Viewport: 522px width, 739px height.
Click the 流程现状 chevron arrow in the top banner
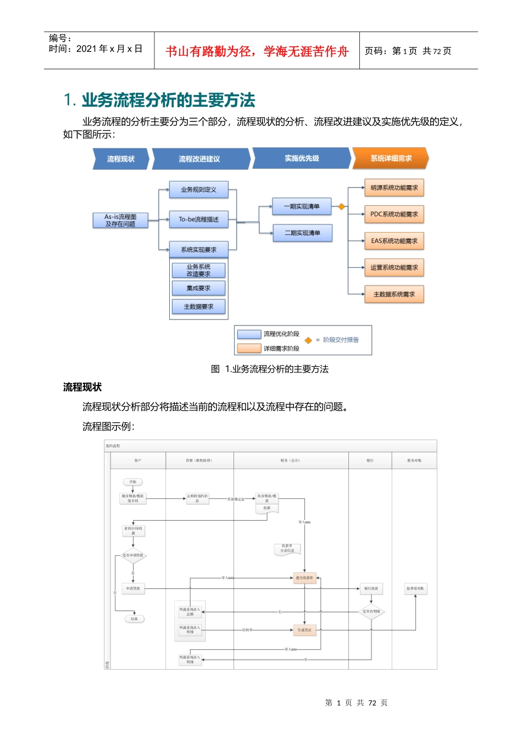pos(121,159)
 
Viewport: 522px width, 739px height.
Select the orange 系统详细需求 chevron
pos(391,158)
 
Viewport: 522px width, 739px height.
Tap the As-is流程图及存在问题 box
pos(120,220)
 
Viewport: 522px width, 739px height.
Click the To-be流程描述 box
pos(198,219)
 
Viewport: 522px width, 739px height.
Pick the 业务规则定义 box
pos(198,190)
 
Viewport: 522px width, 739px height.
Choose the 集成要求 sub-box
pos(198,288)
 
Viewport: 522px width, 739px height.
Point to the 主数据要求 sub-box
pos(198,307)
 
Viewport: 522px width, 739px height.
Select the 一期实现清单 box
pos(302,207)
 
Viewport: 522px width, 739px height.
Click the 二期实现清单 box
pos(302,233)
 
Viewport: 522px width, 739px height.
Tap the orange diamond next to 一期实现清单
pos(341,207)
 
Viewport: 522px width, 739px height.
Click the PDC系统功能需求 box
pos(394,214)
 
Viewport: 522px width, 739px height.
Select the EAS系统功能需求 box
pos(394,241)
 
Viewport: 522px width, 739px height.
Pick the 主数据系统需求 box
pos(394,295)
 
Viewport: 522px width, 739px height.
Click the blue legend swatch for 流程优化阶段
pos(249,334)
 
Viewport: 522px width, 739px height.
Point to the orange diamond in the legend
pos(308,340)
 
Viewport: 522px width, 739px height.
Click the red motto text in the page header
pos(257,52)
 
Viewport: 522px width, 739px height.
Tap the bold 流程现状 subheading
pos(82,387)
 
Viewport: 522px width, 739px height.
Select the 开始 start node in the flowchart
pos(133,482)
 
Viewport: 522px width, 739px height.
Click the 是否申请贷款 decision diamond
pos(133,555)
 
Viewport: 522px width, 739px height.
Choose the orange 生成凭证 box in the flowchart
pos(304,630)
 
